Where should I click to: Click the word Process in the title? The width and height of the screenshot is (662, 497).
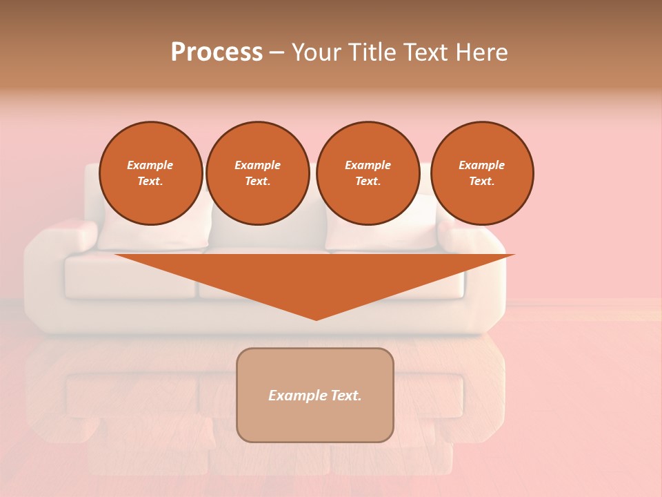click(217, 52)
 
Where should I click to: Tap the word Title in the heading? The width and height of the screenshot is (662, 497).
click(373, 52)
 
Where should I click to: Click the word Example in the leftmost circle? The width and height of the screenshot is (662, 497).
click(150, 165)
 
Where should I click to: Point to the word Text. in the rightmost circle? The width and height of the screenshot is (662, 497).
click(481, 181)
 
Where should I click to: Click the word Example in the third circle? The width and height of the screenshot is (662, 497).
click(368, 165)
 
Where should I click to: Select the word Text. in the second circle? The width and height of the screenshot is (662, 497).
click(257, 181)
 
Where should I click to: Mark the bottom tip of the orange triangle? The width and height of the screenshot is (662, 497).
click(316, 318)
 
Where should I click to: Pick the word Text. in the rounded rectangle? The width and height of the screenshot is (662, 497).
click(345, 396)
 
